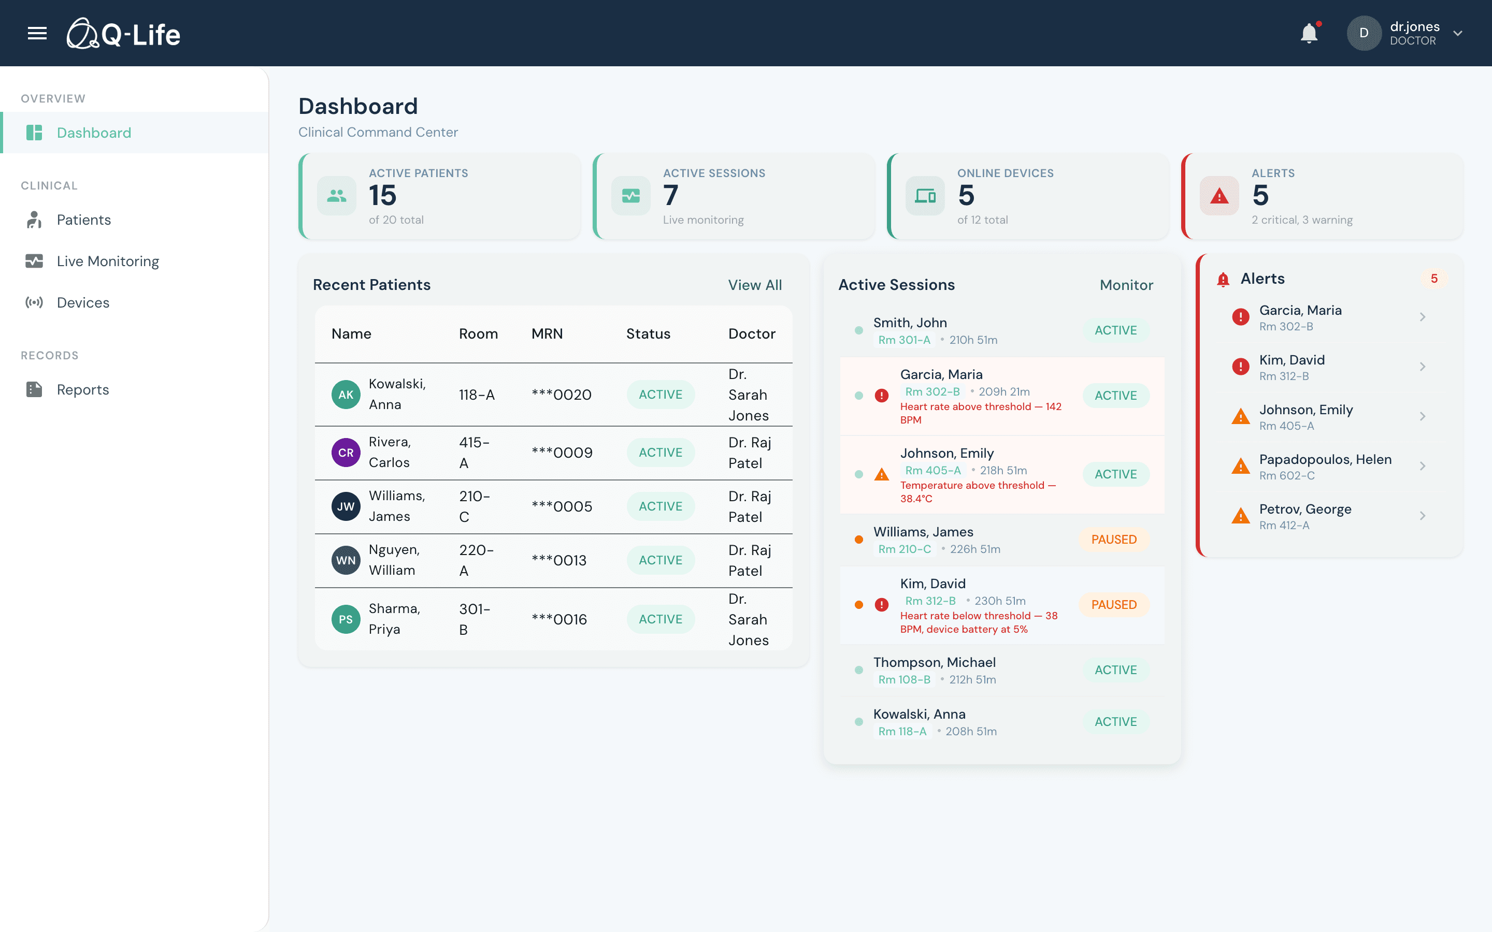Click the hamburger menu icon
click(37, 33)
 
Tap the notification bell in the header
click(1308, 33)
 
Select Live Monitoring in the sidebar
click(107, 261)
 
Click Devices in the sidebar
click(82, 303)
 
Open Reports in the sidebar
click(82, 389)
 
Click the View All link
click(755, 285)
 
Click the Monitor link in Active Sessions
click(1126, 285)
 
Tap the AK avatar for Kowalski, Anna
click(346, 395)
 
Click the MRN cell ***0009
click(562, 453)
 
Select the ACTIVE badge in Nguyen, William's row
click(661, 560)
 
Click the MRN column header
click(547, 333)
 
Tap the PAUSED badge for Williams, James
click(1113, 540)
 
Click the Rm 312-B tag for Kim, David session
click(930, 601)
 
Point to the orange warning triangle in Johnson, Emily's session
click(882, 475)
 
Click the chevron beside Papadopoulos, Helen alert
click(1423, 466)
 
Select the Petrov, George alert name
click(1304, 509)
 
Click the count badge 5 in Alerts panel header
click(1434, 279)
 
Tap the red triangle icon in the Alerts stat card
click(1219, 196)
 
